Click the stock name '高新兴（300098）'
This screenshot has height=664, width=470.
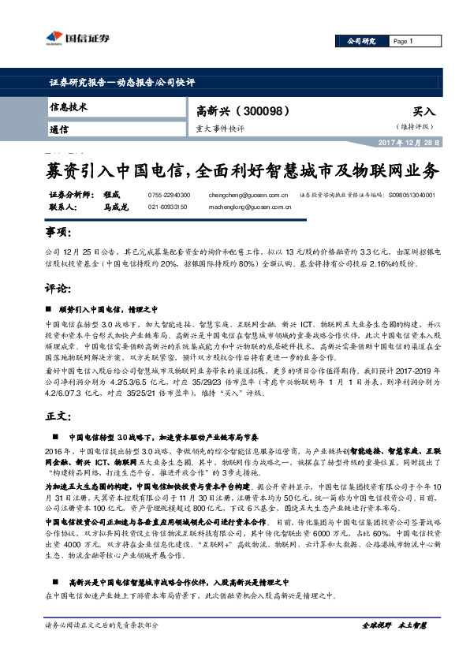coord(237,111)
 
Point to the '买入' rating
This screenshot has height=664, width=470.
coord(423,113)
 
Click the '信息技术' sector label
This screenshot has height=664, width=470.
coord(69,107)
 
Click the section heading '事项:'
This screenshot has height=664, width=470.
coord(58,234)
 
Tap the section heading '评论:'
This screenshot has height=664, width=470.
coord(58,289)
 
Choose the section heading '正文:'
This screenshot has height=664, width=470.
coord(58,415)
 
